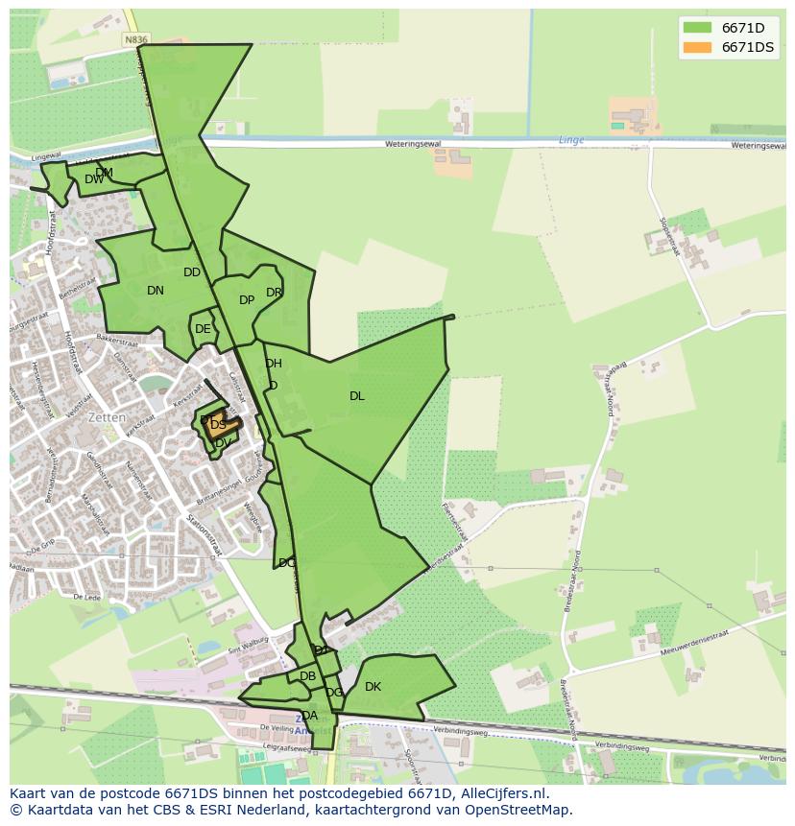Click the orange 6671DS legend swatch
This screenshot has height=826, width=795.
(x=697, y=47)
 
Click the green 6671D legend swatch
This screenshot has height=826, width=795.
(x=697, y=28)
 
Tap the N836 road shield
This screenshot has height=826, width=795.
(x=136, y=40)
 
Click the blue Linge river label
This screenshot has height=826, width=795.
(x=571, y=140)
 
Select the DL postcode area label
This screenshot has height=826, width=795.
(x=357, y=395)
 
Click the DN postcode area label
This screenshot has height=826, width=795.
(x=156, y=291)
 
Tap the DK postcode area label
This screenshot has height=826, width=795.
(x=373, y=687)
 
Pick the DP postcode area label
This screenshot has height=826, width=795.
(x=247, y=300)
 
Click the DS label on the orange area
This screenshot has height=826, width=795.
(x=218, y=425)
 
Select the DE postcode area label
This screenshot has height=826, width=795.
(x=203, y=329)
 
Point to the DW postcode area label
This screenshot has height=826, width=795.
(x=93, y=179)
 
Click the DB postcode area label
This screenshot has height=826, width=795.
(x=307, y=676)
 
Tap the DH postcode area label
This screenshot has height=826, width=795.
(x=274, y=364)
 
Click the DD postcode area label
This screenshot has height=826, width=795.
(x=192, y=272)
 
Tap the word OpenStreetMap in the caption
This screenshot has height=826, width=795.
(x=522, y=810)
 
